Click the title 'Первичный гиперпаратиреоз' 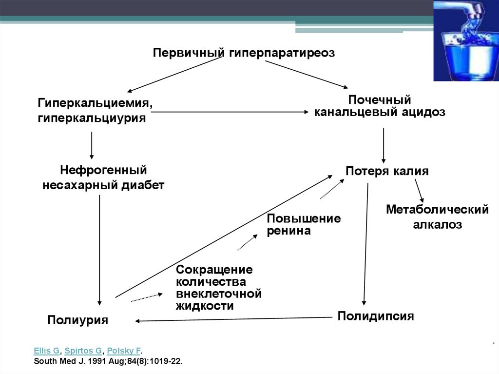click(x=244, y=53)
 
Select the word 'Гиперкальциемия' click(x=93, y=102)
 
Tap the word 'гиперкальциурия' click(x=92, y=118)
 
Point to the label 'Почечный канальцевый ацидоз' click(x=380, y=106)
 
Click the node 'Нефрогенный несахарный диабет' click(x=103, y=177)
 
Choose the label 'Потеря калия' click(x=387, y=171)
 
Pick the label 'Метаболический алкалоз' click(x=437, y=217)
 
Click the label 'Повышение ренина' click(x=304, y=224)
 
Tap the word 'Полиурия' click(x=77, y=320)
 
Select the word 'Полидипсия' click(x=376, y=316)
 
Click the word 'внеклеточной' click(x=219, y=294)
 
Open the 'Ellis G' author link click(x=46, y=351)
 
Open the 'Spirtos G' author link click(x=83, y=351)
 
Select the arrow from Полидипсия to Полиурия click(x=234, y=319)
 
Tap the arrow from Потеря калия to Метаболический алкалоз click(x=420, y=191)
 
